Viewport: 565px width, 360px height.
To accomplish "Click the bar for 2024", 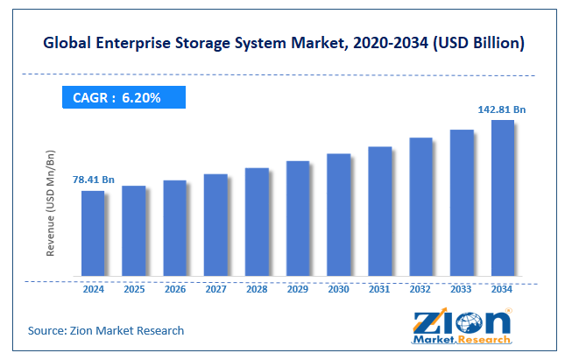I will pos(92,233).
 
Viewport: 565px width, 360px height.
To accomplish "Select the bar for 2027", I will pos(215,225).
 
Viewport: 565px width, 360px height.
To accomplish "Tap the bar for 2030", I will pos(338,215).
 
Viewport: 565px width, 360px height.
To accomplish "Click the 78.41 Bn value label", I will pos(93,180).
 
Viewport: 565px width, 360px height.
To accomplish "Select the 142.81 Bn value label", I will pos(501,109).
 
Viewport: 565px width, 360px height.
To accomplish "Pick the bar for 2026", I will pos(174,229).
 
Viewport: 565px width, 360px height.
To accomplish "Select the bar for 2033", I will pos(461,203).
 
